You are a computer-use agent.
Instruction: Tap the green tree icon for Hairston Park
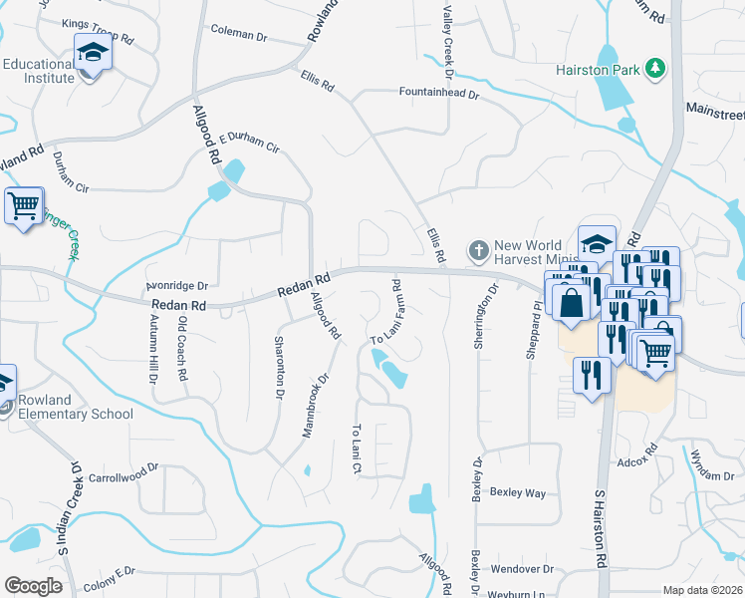pos(655,68)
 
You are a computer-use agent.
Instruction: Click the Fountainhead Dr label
pos(439,97)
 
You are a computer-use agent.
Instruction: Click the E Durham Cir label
pos(250,142)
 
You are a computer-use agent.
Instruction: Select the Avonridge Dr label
pos(175,284)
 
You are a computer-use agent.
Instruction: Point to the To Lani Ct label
pos(356,448)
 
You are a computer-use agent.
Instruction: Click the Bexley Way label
pos(518,492)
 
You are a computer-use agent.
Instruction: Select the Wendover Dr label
pos(522,569)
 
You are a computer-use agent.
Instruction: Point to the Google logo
pos(33,586)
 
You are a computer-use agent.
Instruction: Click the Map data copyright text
pos(702,590)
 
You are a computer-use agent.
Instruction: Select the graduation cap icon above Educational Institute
pos(92,51)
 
